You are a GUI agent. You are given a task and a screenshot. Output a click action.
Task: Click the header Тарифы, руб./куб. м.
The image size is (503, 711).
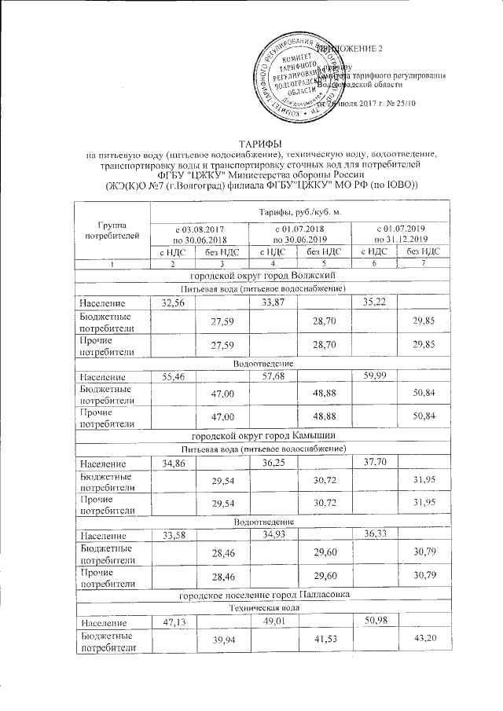tap(298, 213)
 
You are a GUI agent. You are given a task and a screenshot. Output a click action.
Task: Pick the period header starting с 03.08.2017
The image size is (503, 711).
tap(200, 233)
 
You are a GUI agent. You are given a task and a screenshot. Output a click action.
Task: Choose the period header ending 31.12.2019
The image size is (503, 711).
tap(402, 233)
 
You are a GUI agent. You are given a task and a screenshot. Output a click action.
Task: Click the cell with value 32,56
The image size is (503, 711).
tap(174, 302)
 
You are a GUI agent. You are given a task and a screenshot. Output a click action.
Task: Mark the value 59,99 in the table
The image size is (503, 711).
tap(375, 378)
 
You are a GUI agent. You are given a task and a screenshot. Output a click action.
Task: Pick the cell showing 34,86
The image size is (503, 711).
tap(174, 462)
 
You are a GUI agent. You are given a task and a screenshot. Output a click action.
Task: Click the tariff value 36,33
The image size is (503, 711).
tap(375, 535)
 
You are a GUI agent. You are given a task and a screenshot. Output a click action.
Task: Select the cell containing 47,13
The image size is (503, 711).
tap(174, 623)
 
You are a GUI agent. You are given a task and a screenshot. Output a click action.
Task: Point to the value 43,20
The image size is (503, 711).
tap(423, 641)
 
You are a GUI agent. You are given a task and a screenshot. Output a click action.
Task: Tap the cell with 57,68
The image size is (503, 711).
tap(274, 378)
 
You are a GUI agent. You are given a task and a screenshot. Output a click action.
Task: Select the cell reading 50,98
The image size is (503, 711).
tap(375, 623)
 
